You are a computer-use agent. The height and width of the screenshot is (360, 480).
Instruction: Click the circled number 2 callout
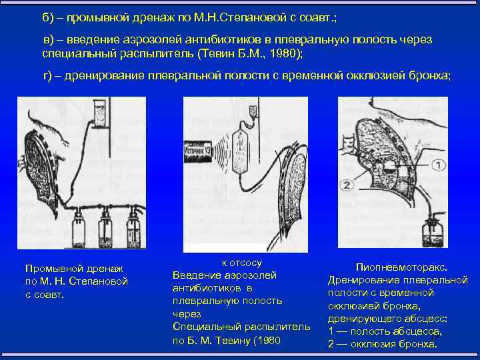coord(346,185)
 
